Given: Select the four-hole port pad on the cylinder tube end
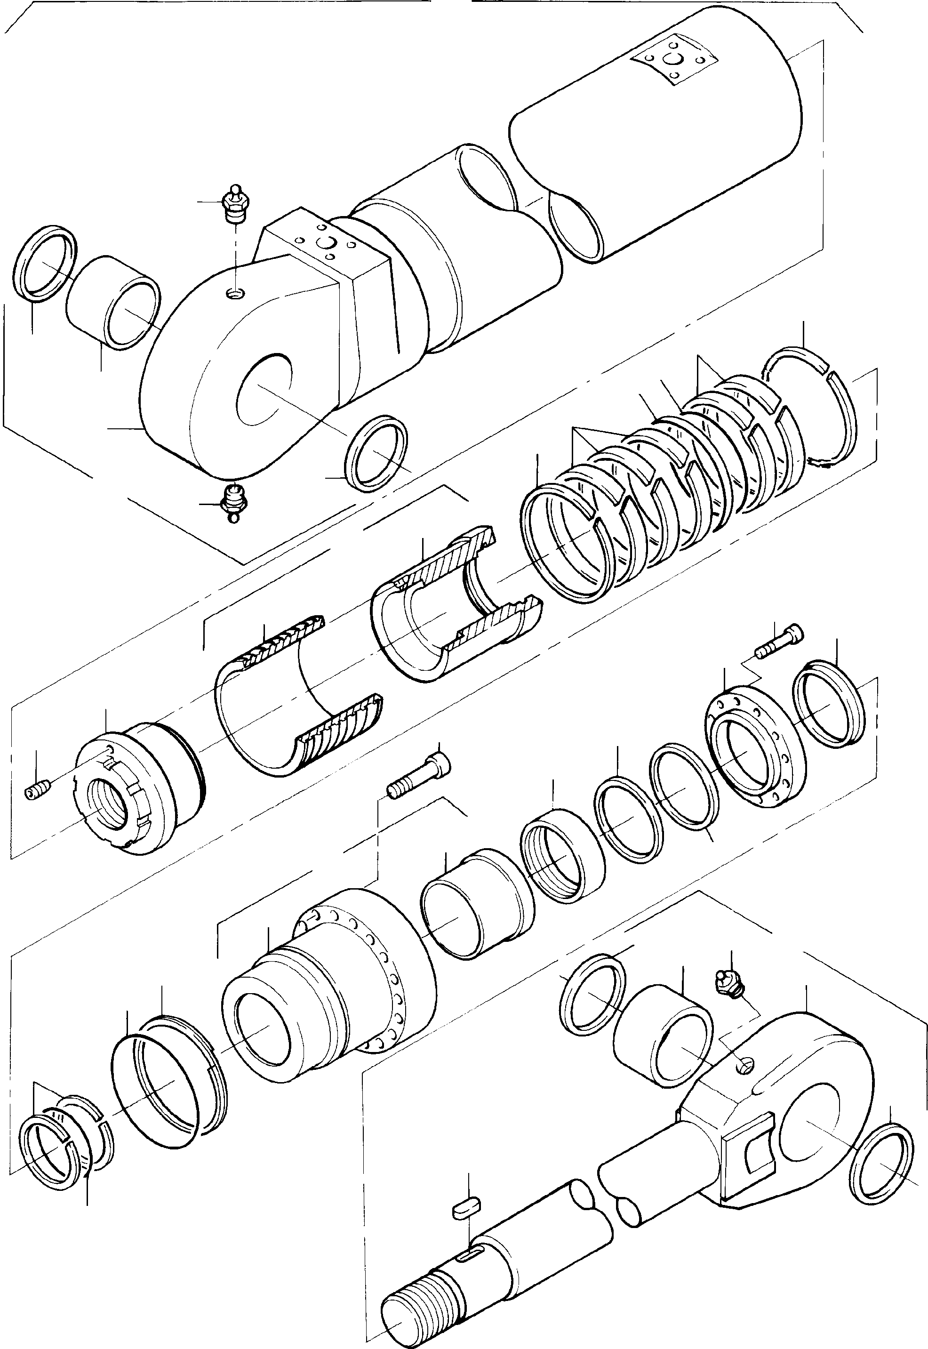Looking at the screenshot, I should tap(674, 60).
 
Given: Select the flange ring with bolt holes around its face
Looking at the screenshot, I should tap(755, 754).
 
